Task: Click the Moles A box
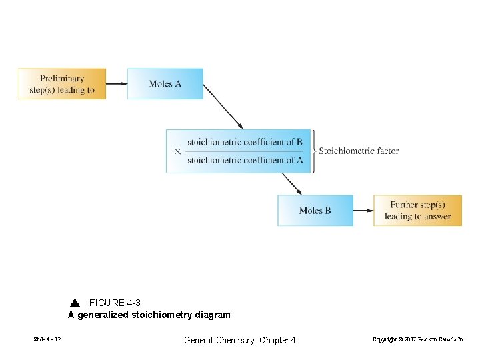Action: (x=165, y=84)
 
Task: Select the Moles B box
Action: (x=315, y=211)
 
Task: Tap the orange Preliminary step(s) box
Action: (x=62, y=84)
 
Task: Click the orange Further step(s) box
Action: (x=417, y=211)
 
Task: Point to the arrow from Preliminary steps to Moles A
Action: (x=117, y=84)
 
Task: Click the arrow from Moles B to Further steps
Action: (x=363, y=211)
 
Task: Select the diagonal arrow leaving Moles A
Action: (x=223, y=106)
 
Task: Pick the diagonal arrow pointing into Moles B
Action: (x=291, y=183)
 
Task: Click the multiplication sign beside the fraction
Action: (x=177, y=151)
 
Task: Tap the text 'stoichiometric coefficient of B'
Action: (x=245, y=142)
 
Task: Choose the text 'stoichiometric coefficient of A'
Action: (x=245, y=160)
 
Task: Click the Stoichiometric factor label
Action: (x=359, y=151)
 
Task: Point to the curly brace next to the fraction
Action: (x=314, y=151)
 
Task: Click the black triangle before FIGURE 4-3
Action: (x=75, y=303)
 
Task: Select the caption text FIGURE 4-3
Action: (x=115, y=303)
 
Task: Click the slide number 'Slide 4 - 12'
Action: (x=47, y=340)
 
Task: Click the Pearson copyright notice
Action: (x=420, y=340)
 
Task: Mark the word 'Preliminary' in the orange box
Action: (x=62, y=79)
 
